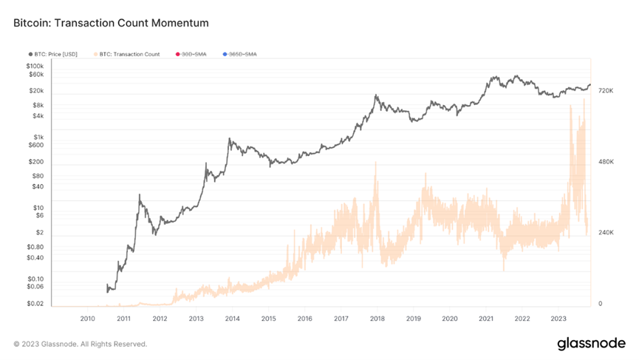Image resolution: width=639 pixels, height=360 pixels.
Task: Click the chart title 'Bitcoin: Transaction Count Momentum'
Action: [111, 24]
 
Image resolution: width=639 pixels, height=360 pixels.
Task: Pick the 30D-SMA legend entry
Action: [194, 54]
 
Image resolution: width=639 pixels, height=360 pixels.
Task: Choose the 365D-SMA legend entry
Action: [243, 54]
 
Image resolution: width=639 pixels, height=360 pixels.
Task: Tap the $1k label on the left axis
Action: [38, 137]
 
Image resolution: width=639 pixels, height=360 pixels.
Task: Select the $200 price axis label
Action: [36, 162]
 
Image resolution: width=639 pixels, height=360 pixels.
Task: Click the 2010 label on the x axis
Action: [87, 319]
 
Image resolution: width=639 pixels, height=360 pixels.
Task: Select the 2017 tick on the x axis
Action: [341, 319]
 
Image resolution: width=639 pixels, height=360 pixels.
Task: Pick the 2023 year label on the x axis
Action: [558, 319]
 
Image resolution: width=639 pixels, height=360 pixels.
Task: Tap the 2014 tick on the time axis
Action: [232, 319]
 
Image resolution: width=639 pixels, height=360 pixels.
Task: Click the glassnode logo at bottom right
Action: [590, 343]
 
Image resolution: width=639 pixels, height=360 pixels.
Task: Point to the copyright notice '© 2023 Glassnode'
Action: [80, 344]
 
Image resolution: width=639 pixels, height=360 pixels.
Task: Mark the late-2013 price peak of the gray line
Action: [230, 138]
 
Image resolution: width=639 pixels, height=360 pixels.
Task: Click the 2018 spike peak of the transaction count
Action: [376, 162]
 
